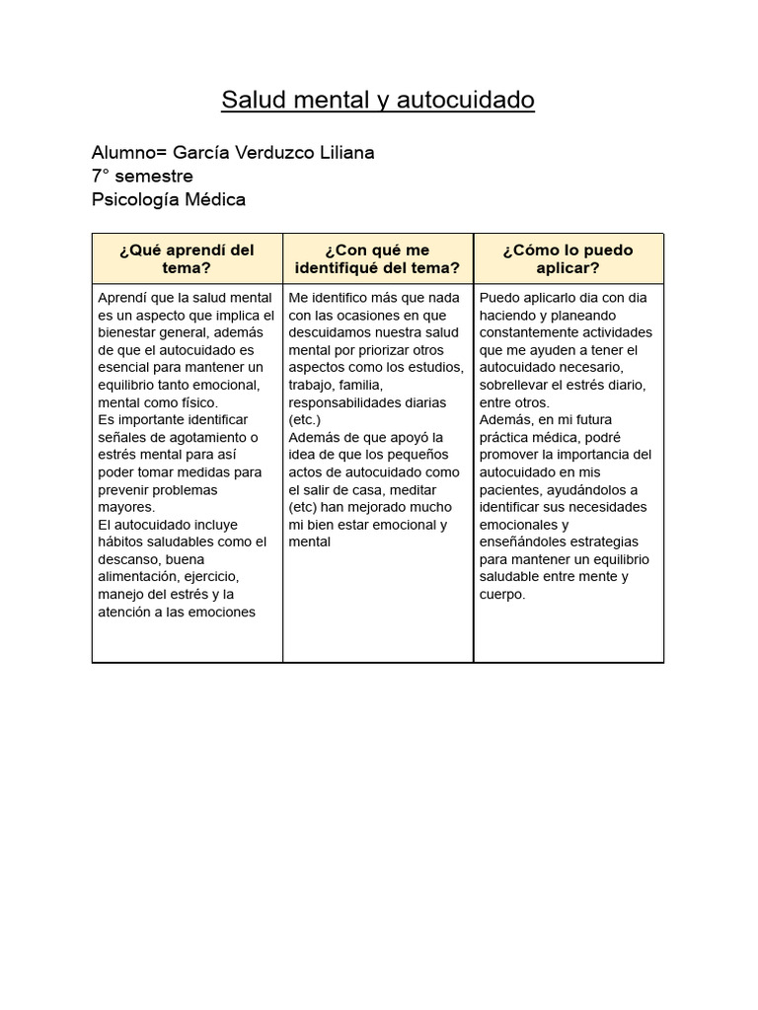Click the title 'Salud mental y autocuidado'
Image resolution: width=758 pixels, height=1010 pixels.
click(378, 101)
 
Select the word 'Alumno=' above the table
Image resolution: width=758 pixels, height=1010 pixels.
click(129, 153)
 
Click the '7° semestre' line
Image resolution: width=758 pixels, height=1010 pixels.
click(142, 177)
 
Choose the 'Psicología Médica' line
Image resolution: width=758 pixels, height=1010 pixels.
click(169, 200)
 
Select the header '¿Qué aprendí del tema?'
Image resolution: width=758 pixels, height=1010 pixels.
click(187, 259)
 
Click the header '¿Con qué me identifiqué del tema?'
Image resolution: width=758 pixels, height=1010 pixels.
click(377, 259)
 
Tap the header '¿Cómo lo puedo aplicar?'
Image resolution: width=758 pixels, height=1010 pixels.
click(568, 259)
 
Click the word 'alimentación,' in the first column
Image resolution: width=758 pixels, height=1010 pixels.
click(138, 577)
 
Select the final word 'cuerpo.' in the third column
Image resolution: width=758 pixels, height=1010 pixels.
click(502, 595)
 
